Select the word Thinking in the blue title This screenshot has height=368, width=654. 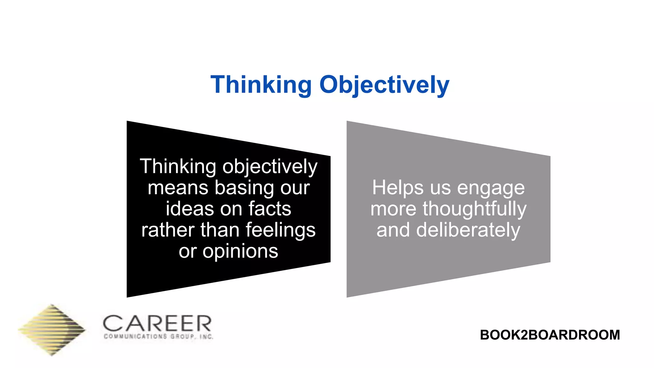click(x=261, y=85)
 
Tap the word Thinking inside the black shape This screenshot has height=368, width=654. click(x=178, y=166)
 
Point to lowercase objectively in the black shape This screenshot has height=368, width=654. click(x=270, y=167)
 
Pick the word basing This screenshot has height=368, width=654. click(x=244, y=188)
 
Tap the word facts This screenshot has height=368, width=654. click(x=270, y=209)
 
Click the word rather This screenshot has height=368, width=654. click(x=168, y=230)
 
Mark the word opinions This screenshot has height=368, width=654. click(x=240, y=252)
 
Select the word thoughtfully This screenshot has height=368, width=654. click(x=475, y=209)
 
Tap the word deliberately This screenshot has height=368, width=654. click(x=468, y=230)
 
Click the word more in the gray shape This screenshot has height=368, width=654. click(x=393, y=209)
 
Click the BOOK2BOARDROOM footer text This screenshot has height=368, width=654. click(x=550, y=335)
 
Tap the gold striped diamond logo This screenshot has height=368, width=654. click(x=52, y=330)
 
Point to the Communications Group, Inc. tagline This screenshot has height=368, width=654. click(x=158, y=336)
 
